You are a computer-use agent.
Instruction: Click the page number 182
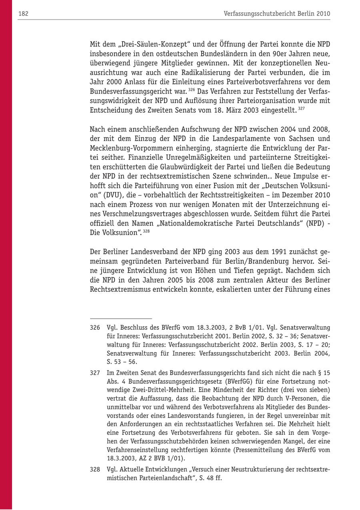23,14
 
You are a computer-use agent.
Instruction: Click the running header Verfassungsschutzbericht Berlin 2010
277,14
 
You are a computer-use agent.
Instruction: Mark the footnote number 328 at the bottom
95,469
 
